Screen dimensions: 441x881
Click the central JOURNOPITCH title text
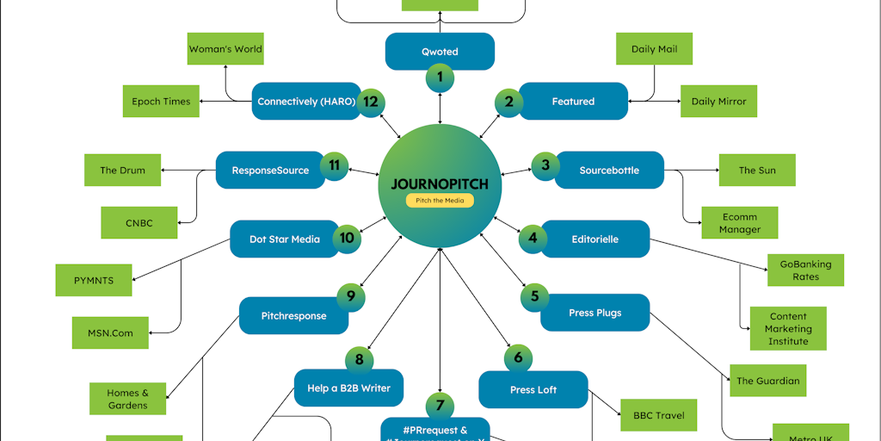pyautogui.click(x=440, y=183)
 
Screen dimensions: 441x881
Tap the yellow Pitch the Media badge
pyautogui.click(x=440, y=201)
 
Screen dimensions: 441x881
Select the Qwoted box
pyautogui.click(x=440, y=52)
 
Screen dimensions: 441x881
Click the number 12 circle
pyautogui.click(x=371, y=101)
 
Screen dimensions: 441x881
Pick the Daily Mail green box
pyautogui.click(x=654, y=49)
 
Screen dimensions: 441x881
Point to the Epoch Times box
pyautogui.click(x=161, y=102)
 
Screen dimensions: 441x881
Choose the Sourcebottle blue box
pyautogui.click(x=609, y=171)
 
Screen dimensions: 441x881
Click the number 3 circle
pyautogui.click(x=545, y=165)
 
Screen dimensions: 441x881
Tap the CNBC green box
pyautogui.click(x=139, y=223)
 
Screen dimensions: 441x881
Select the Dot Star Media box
pyautogui.click(x=284, y=239)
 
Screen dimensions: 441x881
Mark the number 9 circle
pyautogui.click(x=351, y=296)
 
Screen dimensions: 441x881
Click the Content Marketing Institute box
pyautogui.click(x=788, y=328)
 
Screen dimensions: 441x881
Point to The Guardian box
pyautogui.click(x=767, y=381)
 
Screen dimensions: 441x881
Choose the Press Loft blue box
pyautogui.click(x=533, y=390)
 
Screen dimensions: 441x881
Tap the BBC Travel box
pyautogui.click(x=658, y=415)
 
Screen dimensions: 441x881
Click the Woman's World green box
pyautogui.click(x=225, y=49)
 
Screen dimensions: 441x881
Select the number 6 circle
pyautogui.click(x=518, y=357)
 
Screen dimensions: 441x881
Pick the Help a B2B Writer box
pyautogui.click(x=348, y=388)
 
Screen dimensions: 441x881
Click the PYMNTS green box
pyautogui.click(x=94, y=280)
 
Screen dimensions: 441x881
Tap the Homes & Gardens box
pyautogui.click(x=127, y=399)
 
